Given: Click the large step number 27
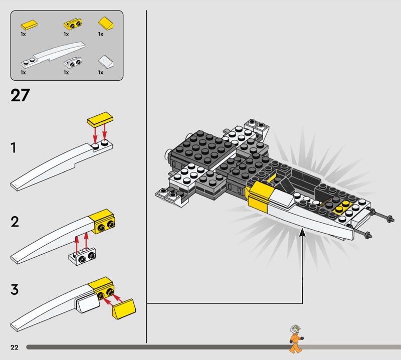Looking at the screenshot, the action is pyautogui.click(x=20, y=95).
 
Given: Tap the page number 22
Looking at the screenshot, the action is pyautogui.click(x=15, y=347).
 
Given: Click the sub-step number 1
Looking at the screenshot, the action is pyautogui.click(x=14, y=148).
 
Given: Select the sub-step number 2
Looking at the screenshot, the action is pyautogui.click(x=15, y=222).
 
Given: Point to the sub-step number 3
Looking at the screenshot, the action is pyautogui.click(x=15, y=289).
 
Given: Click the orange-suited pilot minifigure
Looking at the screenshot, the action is pyautogui.click(x=296, y=339).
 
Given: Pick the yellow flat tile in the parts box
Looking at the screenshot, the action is pyautogui.click(x=29, y=25).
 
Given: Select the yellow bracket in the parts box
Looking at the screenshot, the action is pyautogui.click(x=73, y=24).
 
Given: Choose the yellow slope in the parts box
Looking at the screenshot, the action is pyautogui.click(x=106, y=24).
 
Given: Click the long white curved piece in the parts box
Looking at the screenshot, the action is pyautogui.click(x=53, y=55).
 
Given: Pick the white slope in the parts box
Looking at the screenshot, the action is pyautogui.click(x=106, y=62).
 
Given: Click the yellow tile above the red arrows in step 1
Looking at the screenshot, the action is pyautogui.click(x=100, y=119).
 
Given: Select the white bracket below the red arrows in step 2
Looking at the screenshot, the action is pyautogui.click(x=82, y=257).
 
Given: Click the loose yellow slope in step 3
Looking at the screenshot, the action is pyautogui.click(x=124, y=309).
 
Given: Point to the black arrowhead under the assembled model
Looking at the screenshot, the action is pyautogui.click(x=302, y=233).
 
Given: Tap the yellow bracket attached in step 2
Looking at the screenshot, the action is pyautogui.click(x=102, y=222).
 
